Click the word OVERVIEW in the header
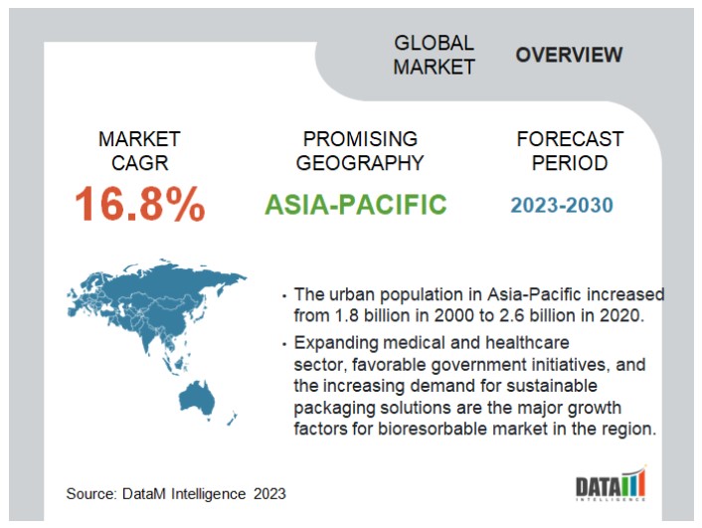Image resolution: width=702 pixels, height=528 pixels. click(569, 55)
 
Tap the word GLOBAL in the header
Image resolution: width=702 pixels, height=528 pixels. click(434, 43)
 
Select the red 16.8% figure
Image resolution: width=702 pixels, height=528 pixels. click(139, 204)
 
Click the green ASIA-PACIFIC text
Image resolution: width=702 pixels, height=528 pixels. click(356, 204)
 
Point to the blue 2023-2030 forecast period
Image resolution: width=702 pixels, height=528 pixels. click(562, 205)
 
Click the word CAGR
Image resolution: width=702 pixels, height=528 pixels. click(139, 163)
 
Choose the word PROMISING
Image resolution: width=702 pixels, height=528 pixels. click(360, 139)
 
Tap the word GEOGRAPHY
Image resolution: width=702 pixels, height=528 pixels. click(360, 163)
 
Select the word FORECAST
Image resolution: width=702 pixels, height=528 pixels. click(570, 139)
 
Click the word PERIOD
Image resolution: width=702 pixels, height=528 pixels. click(570, 163)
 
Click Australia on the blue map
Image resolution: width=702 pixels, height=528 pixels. click(197, 398)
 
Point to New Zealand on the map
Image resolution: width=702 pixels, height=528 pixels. click(232, 419)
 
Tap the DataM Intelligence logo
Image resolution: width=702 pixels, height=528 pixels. click(611, 483)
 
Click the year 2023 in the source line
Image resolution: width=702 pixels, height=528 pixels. click(269, 493)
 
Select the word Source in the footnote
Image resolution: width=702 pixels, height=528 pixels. click(91, 493)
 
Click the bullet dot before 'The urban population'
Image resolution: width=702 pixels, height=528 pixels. click(283, 296)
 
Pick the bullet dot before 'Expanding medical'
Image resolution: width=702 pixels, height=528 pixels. click(283, 344)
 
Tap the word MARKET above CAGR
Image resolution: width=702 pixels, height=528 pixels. click(139, 139)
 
